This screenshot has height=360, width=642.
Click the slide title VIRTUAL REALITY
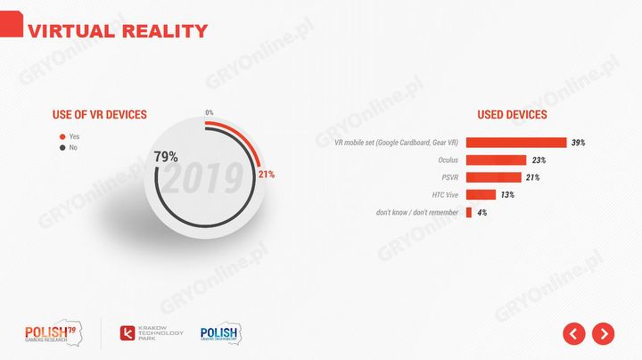[x=118, y=31]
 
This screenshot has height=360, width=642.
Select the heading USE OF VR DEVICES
[x=99, y=115]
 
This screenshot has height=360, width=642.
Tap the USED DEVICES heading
[x=512, y=115]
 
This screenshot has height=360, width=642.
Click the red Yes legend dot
[x=62, y=136]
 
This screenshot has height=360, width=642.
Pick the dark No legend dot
[x=62, y=148]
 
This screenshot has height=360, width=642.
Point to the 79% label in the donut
[x=166, y=157]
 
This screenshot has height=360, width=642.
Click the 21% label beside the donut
[x=266, y=174]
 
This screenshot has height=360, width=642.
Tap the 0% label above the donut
[x=209, y=112]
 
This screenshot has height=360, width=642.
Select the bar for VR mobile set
[x=516, y=143]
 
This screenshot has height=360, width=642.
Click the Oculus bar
[x=496, y=160]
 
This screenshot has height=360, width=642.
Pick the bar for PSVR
[x=493, y=177]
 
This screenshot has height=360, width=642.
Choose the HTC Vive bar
[x=481, y=195]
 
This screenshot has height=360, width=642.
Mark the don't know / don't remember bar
[x=469, y=212]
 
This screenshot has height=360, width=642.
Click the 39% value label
[x=578, y=143]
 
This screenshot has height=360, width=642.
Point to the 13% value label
[x=507, y=195]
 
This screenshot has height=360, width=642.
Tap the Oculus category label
[x=448, y=160]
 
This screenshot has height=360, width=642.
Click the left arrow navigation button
[x=573, y=333]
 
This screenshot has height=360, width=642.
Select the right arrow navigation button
[x=604, y=333]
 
